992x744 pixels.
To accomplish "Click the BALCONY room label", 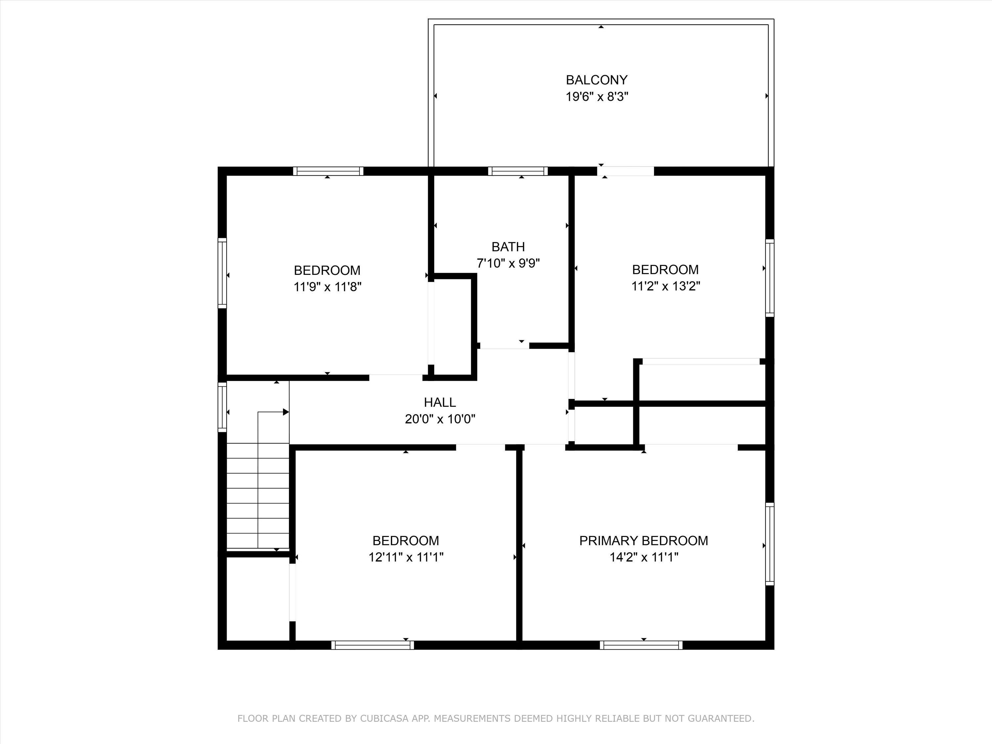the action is pos(597,80).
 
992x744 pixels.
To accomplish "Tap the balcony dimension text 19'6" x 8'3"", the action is pos(597,97).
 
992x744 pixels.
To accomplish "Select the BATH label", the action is pos(508,247).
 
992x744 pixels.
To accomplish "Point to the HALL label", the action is pos(440,402).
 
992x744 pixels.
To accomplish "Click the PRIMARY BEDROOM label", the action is pos(643,540).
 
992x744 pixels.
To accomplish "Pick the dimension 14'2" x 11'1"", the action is pos(643,557).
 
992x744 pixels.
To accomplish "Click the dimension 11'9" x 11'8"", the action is pos(327,287).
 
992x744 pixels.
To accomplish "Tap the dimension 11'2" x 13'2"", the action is pos(666,286).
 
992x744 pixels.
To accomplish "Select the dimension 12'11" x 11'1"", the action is pos(406,557).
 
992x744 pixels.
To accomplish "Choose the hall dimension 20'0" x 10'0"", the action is pos(440,419).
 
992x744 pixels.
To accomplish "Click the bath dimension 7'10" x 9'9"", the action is pos(508,263).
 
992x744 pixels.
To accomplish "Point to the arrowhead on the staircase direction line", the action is pos(286,412).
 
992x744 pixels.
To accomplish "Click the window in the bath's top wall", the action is pos(518,171).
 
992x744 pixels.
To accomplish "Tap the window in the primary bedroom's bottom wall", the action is pos(641,645).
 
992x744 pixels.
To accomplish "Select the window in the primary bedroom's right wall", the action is pos(769,544).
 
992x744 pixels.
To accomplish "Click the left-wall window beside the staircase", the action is pos(222,407).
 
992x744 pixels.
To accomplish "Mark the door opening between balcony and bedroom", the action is pos(626,171).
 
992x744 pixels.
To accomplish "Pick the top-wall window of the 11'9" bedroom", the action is pos(328,171).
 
